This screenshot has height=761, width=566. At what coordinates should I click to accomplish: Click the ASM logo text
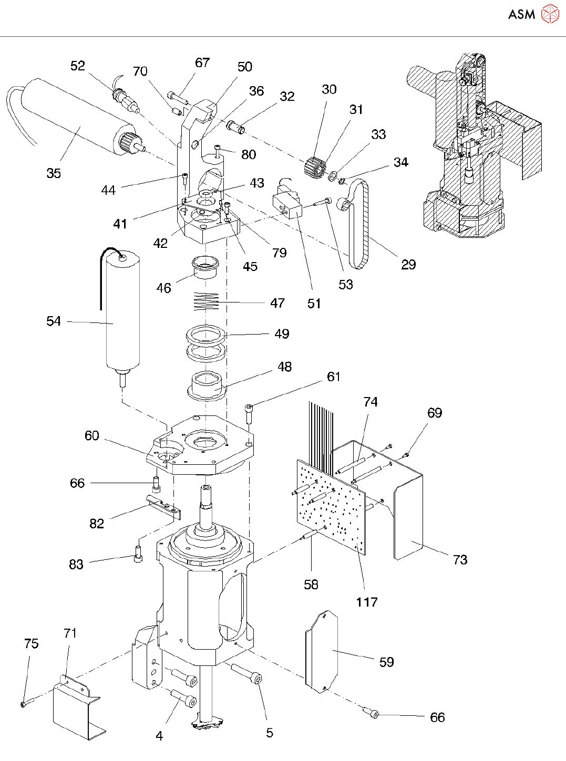tap(521, 14)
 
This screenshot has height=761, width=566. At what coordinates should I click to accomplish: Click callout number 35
tap(54, 173)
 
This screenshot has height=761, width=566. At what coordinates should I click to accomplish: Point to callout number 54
tap(54, 321)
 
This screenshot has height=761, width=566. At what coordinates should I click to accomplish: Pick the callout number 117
tap(366, 602)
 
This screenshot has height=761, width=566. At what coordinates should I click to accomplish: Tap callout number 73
tap(460, 560)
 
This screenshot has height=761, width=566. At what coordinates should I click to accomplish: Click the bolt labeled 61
tap(249, 413)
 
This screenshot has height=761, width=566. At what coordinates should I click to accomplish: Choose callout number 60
tap(92, 435)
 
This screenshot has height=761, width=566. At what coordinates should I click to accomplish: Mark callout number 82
tap(97, 524)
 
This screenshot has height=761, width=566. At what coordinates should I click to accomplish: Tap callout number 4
tap(159, 736)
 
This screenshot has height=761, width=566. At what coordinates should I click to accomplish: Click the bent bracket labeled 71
tap(76, 709)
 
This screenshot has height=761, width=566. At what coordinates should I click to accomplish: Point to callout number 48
tap(284, 367)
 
